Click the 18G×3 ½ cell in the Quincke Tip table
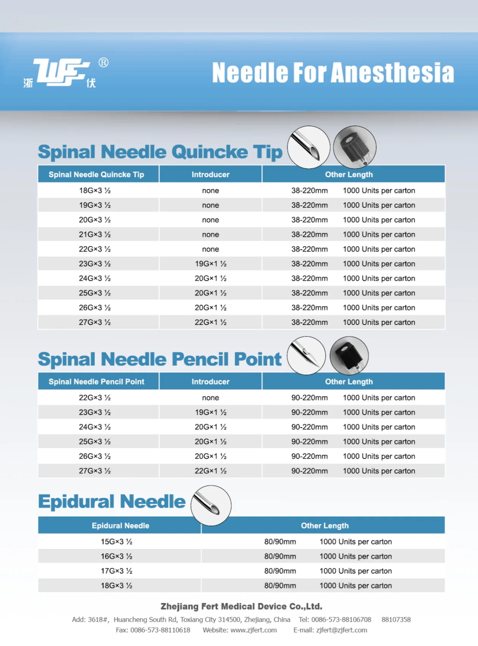(x=95, y=190)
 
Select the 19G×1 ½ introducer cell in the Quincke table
(x=210, y=264)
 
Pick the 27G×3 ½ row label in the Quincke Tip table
(x=95, y=322)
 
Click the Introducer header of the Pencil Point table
(x=210, y=382)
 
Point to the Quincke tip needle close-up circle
(x=309, y=147)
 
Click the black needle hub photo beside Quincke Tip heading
(x=355, y=147)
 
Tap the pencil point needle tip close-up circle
(x=306, y=356)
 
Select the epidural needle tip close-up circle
(x=211, y=506)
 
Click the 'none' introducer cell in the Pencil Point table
(x=210, y=398)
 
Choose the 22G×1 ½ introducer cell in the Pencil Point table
(x=210, y=471)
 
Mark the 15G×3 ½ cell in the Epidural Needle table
(x=116, y=542)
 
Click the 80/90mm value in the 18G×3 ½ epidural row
(x=280, y=586)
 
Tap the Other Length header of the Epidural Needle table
(x=324, y=526)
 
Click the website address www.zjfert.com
(x=253, y=630)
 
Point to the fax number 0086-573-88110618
(x=160, y=630)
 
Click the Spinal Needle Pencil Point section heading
(x=160, y=359)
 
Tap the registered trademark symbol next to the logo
(x=103, y=62)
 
